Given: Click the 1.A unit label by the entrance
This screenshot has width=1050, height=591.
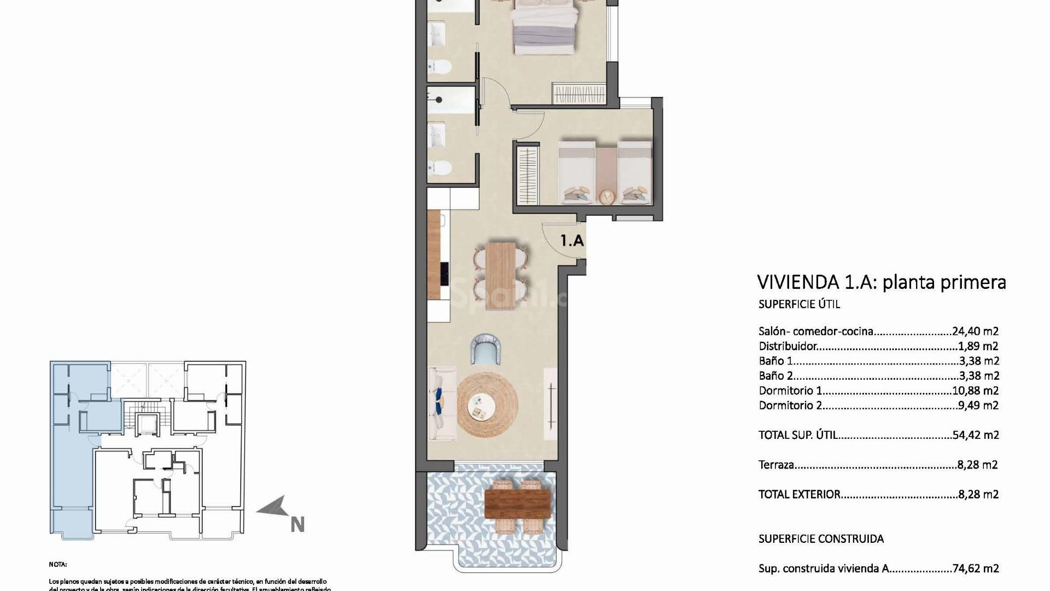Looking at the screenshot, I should tap(572, 240).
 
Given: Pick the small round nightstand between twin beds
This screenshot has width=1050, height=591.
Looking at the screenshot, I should tap(606, 195).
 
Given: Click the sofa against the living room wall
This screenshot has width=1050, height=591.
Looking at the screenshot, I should tap(442, 404).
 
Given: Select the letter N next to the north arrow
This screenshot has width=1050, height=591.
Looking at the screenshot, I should tap(297, 525).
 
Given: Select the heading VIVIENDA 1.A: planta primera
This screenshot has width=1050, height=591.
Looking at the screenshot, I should tap(881, 282).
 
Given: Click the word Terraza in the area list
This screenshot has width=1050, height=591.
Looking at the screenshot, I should tap(776, 465).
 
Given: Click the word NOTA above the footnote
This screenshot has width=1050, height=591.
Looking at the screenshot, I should tap(57, 564).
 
